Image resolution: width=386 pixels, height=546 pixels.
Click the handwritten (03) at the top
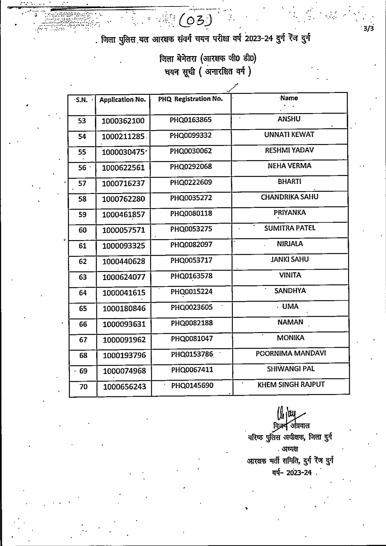coord(196,21)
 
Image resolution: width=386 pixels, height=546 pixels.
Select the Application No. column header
coord(122,100)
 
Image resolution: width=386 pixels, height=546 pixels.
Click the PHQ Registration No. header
coord(190,99)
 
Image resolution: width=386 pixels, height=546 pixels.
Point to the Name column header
coord(289,98)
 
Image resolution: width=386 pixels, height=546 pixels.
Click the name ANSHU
coord(289,119)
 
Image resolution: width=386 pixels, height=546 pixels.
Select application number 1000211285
coord(123,136)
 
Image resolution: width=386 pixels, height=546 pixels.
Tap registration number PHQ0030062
coord(191,151)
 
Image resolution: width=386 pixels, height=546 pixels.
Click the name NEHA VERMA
coord(289,166)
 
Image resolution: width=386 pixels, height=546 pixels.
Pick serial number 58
coord(82,199)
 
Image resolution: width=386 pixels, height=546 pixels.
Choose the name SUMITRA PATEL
coord(290,228)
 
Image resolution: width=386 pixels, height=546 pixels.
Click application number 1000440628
coord(124,261)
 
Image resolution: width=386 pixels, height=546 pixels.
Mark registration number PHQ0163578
coord(191,276)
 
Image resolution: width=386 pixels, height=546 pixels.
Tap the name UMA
coord(290,306)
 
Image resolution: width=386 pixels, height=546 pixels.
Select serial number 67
coord(83,340)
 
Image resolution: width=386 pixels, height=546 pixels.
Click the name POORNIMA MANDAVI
coord(291,353)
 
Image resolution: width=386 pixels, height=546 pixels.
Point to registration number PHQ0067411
coord(192,369)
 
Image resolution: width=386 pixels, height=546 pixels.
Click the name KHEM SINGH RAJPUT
coord(291,385)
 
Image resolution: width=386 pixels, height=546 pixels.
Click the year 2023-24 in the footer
coord(299,473)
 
